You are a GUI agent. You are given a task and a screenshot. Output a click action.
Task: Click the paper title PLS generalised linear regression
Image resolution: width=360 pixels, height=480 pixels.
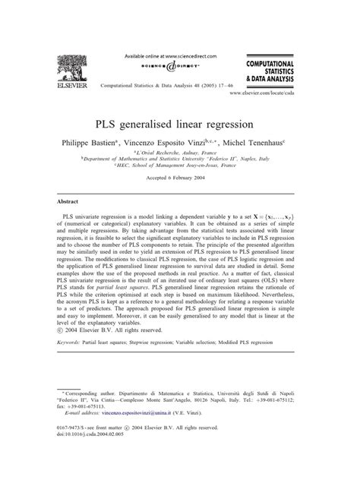pyautogui.click(x=179, y=122)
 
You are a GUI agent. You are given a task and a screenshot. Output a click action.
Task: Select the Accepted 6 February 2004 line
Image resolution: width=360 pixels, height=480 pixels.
pyautogui.click(x=179, y=188)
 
